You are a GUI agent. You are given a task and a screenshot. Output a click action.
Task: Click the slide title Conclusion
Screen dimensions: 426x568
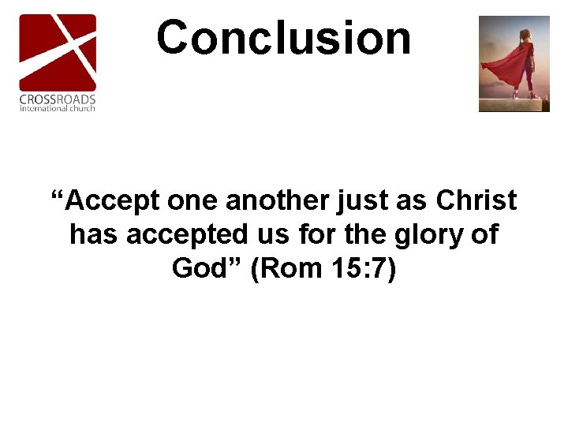click(x=284, y=38)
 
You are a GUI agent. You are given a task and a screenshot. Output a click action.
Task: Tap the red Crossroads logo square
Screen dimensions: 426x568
click(x=58, y=51)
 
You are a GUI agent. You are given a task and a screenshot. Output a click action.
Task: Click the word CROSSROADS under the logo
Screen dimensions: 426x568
click(x=58, y=99)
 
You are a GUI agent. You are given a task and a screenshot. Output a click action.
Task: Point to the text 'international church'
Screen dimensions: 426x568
click(x=58, y=108)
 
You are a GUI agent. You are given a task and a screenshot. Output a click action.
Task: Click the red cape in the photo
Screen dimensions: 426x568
click(x=505, y=67)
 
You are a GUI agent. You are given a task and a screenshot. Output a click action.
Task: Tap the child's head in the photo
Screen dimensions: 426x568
click(x=525, y=35)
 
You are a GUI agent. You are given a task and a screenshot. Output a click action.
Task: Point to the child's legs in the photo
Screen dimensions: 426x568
click(x=524, y=83)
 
